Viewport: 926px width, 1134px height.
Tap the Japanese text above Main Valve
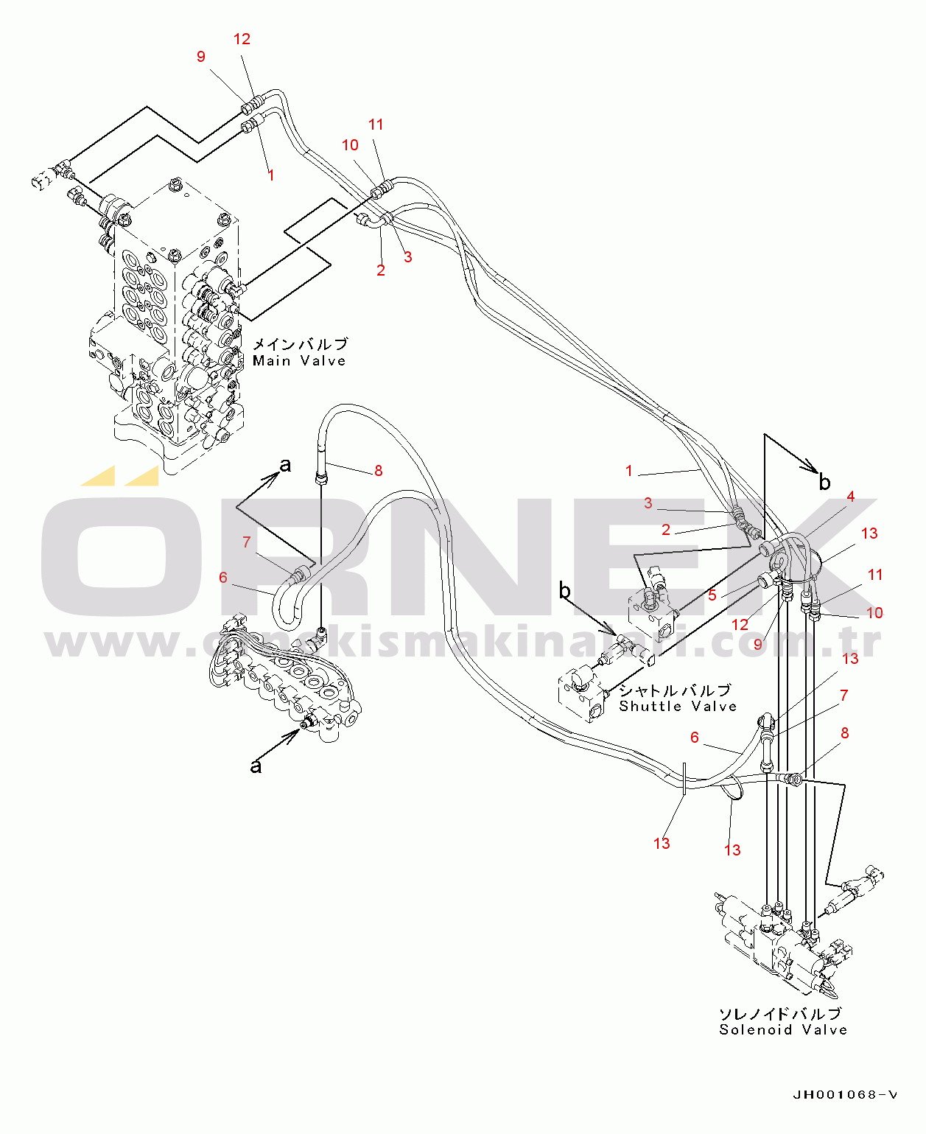point(300,344)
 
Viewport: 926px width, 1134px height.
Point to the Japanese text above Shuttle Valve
point(675,690)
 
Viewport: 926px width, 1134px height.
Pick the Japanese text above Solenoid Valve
point(779,1014)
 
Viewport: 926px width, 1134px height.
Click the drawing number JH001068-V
point(845,1095)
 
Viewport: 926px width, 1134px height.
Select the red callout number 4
point(850,497)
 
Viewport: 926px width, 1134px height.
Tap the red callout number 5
point(712,595)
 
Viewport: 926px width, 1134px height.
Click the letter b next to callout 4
point(824,483)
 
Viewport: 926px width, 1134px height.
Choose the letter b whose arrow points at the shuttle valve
point(565,590)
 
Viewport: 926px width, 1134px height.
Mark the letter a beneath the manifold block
point(256,766)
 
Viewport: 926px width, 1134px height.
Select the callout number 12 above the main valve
point(242,39)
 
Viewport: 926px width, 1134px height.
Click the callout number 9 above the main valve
point(200,57)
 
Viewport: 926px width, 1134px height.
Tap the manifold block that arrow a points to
point(287,678)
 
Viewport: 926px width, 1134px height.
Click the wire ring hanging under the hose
point(732,790)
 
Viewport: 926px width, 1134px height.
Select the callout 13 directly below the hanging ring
point(732,850)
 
